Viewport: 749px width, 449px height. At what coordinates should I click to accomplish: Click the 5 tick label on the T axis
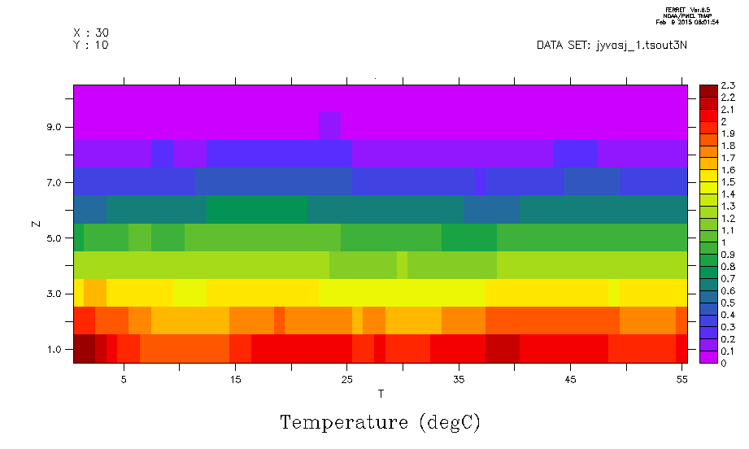pyautogui.click(x=124, y=379)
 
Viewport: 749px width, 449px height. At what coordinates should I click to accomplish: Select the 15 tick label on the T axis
pyautogui.click(x=235, y=379)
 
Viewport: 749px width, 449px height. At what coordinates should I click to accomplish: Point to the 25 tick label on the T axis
pyautogui.click(x=346, y=379)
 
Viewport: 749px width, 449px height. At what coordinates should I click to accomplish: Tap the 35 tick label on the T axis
pyautogui.click(x=459, y=379)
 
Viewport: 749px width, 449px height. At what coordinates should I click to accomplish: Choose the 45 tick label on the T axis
pyautogui.click(x=570, y=379)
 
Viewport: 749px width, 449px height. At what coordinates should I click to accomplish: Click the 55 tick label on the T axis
pyautogui.click(x=682, y=379)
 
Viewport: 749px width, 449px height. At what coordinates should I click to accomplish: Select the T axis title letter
pyautogui.click(x=381, y=395)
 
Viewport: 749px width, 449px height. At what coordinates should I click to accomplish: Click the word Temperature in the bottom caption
pyautogui.click(x=342, y=423)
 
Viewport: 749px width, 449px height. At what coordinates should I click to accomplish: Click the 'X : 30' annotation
pyautogui.click(x=91, y=33)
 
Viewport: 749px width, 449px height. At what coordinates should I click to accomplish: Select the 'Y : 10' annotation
pyautogui.click(x=91, y=45)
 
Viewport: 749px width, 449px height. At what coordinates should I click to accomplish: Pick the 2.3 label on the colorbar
pyautogui.click(x=728, y=85)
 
